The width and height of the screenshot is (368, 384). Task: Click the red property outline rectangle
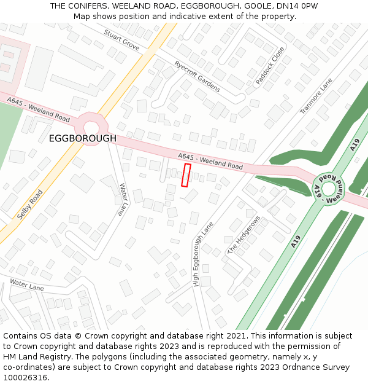(186, 174)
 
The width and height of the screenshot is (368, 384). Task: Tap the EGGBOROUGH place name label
(82, 139)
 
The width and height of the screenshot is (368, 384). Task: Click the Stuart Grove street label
(121, 40)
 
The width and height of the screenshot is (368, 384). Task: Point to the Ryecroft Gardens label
(197, 76)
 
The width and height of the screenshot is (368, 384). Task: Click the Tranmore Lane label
(316, 96)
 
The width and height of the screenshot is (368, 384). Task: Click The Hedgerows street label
(244, 235)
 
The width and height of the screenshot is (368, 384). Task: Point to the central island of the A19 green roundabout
(329, 189)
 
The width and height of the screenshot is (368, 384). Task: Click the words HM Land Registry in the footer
(36, 356)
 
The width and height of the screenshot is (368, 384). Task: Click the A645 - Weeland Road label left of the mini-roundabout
(39, 108)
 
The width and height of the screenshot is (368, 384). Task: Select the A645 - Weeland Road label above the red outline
(210, 162)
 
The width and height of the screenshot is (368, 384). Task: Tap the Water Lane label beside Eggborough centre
(122, 199)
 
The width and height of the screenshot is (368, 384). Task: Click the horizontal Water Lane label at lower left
(27, 285)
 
